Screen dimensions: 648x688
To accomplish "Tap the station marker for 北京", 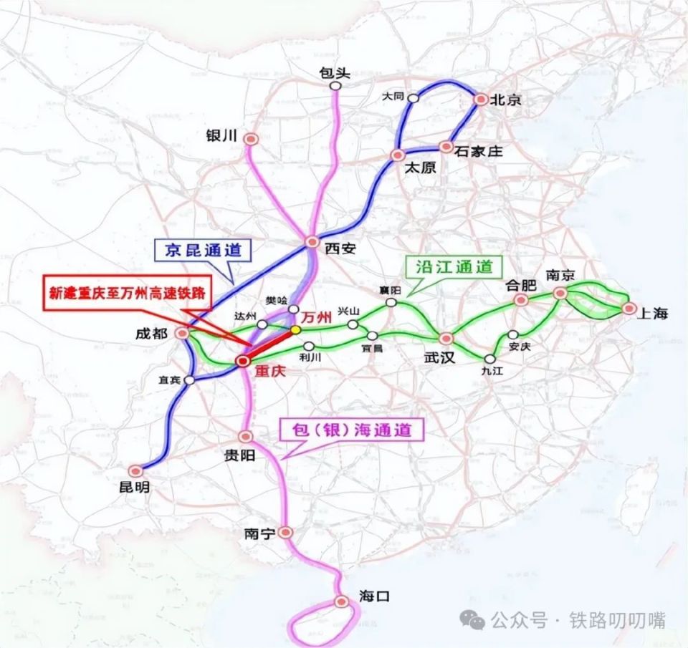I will (x=479, y=100).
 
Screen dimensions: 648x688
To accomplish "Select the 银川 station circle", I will (x=251, y=140).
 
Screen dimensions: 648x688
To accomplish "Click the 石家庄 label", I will (x=479, y=151).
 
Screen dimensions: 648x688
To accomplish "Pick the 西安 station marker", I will (x=311, y=242).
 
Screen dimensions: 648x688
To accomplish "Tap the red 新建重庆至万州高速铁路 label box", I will (x=127, y=292).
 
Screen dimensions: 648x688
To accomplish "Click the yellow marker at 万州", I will (x=295, y=330).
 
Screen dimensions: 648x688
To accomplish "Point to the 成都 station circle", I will (x=183, y=333).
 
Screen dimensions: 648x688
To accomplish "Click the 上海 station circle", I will (x=629, y=309).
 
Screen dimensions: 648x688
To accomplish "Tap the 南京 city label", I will (x=561, y=274).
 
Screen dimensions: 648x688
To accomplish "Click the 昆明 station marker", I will (x=135, y=470).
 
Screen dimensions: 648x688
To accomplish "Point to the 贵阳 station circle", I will (x=246, y=436).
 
